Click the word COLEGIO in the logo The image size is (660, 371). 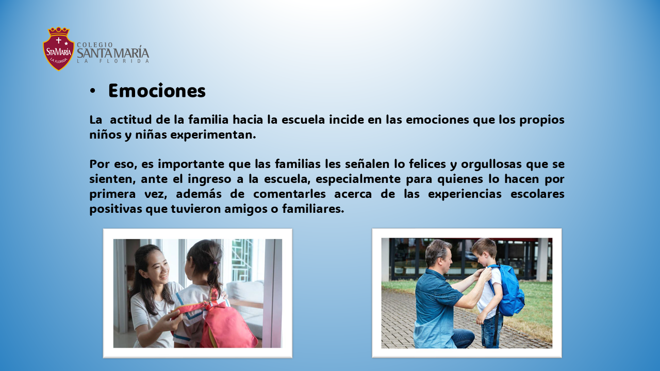[x=95, y=45]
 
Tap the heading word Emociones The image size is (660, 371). [x=157, y=90]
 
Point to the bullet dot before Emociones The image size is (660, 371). [x=93, y=91]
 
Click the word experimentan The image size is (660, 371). [x=213, y=135]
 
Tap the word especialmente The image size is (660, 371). [x=358, y=179]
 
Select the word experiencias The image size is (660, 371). [x=465, y=194]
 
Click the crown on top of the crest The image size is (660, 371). [x=59, y=31]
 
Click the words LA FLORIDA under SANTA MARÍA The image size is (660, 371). [x=113, y=61]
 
